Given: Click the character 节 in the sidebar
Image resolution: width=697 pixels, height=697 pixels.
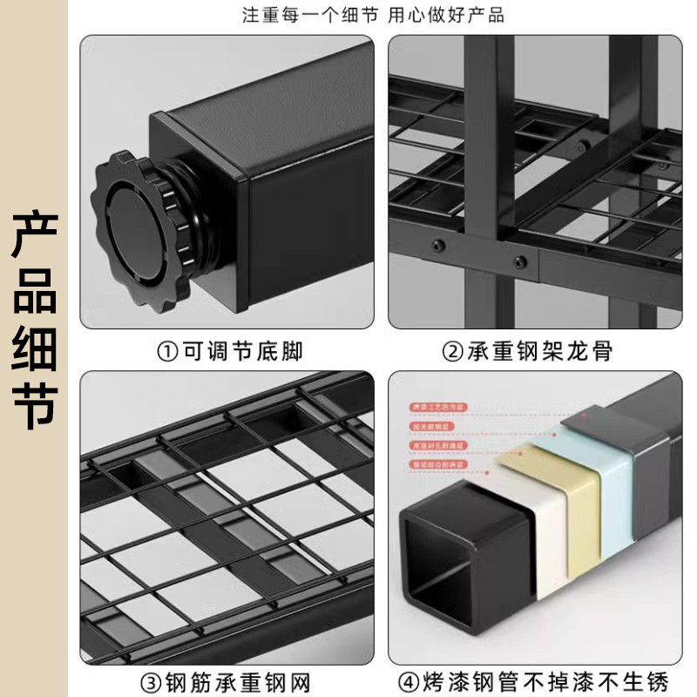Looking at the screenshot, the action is click(x=34, y=402).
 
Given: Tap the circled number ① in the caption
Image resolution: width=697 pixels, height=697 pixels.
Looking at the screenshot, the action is click(x=166, y=352).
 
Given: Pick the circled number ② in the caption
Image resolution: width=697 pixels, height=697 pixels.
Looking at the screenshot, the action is click(x=452, y=352).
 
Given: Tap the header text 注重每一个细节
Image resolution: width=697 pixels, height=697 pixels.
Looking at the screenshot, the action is click(x=295, y=15).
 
